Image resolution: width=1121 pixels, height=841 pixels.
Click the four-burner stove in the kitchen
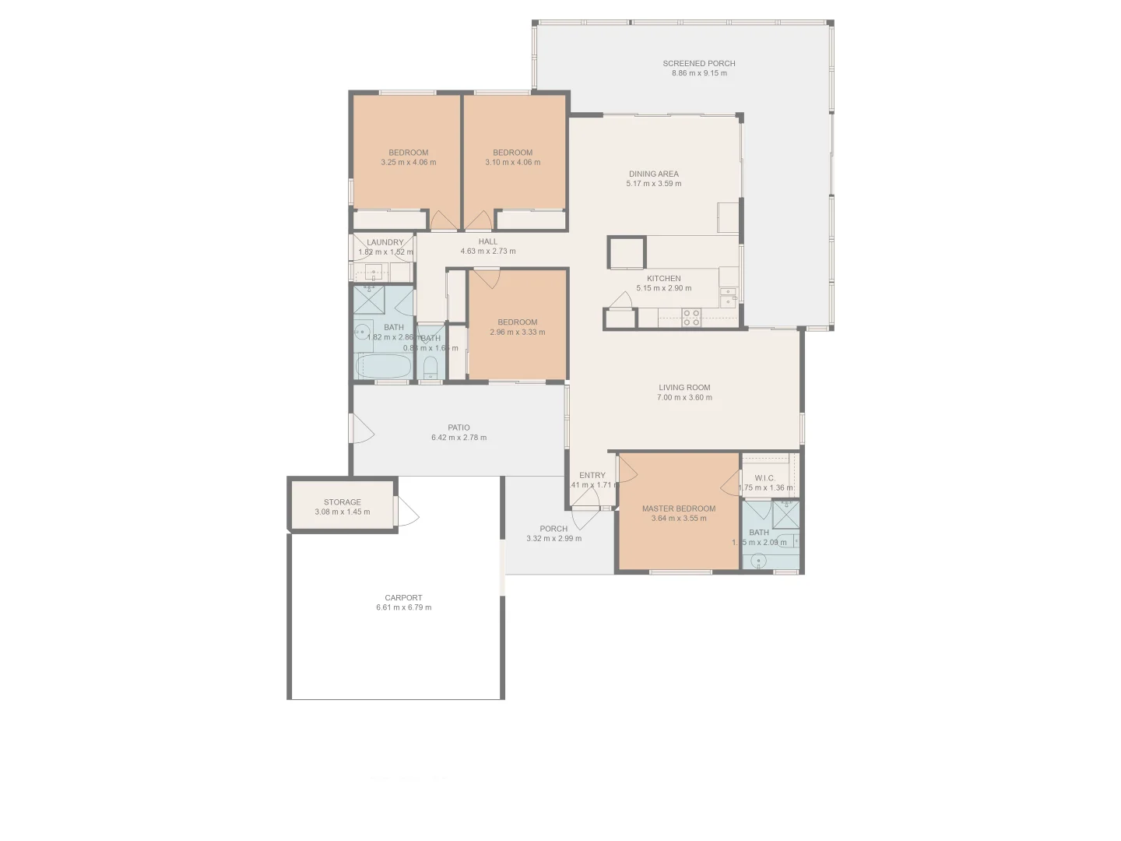(691, 316)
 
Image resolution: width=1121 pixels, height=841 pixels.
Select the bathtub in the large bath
(384, 366)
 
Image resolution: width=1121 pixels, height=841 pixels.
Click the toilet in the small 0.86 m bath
(430, 368)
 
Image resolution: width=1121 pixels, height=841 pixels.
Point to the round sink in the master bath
(758, 560)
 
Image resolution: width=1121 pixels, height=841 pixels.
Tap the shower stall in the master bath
(785, 515)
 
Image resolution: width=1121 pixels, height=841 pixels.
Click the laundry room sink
(374, 273)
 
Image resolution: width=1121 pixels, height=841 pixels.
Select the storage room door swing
(406, 512)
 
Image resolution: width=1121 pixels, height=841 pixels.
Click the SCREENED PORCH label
(698, 64)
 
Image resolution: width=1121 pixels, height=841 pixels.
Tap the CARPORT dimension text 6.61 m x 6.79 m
(403, 607)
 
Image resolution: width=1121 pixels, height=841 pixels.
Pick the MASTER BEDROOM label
(678, 508)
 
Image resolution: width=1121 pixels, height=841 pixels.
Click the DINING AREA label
(653, 174)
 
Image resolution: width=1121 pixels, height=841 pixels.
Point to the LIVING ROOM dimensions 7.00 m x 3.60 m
(683, 397)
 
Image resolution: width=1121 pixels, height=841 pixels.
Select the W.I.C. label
(764, 478)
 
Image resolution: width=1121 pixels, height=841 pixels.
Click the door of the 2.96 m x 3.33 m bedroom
(487, 278)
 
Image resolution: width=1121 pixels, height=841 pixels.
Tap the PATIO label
(459, 428)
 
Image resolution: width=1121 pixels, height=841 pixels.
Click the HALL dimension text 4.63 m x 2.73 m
(487, 252)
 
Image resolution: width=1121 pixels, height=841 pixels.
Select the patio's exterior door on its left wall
(361, 429)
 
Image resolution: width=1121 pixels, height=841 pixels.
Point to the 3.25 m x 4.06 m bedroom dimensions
(408, 163)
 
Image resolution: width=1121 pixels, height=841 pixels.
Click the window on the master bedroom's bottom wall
(680, 572)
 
